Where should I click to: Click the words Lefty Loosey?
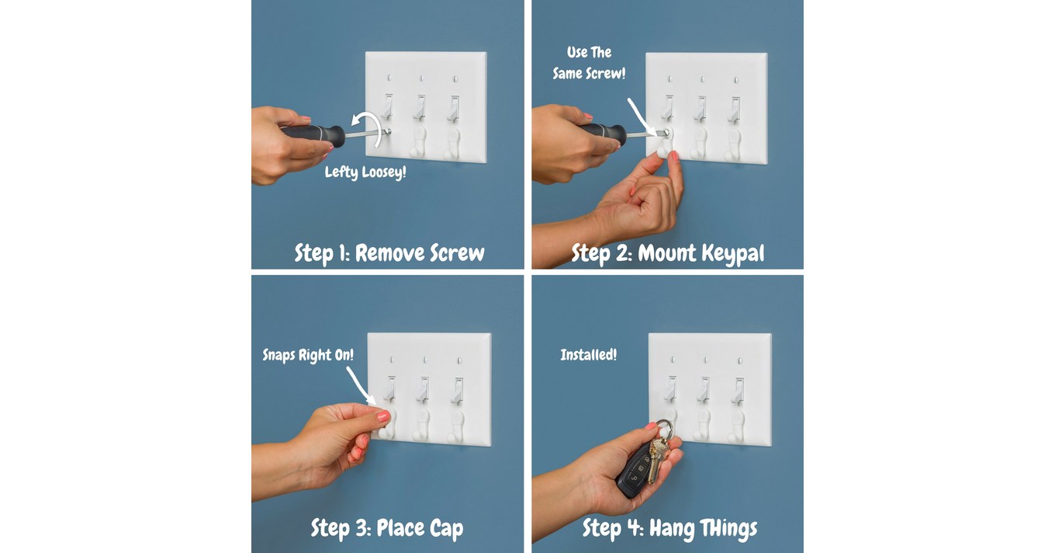point(365,172)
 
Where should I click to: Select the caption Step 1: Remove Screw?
point(389,253)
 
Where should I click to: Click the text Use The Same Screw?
point(589,63)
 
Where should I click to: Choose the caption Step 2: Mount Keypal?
point(667,253)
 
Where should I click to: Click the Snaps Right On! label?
point(308,355)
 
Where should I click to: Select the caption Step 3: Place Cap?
point(387,528)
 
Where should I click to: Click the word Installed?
point(589,355)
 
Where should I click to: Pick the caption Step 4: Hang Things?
point(669,528)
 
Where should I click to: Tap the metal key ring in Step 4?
point(664,430)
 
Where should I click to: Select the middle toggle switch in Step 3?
point(424,389)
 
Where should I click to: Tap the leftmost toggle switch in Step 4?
point(670,389)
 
